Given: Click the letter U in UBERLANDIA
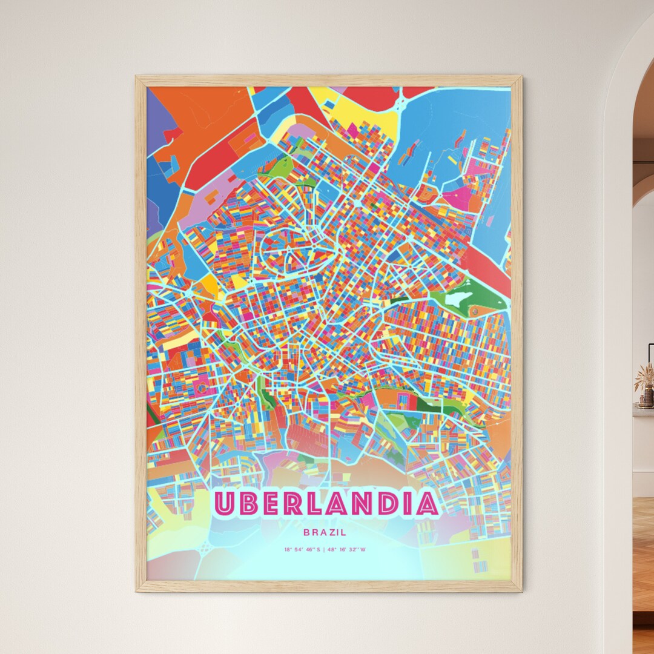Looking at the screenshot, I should pos(225,503).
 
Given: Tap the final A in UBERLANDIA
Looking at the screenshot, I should pos(427,503).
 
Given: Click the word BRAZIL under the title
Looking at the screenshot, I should pos(326,532).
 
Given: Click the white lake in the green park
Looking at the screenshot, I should pos(458,299).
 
